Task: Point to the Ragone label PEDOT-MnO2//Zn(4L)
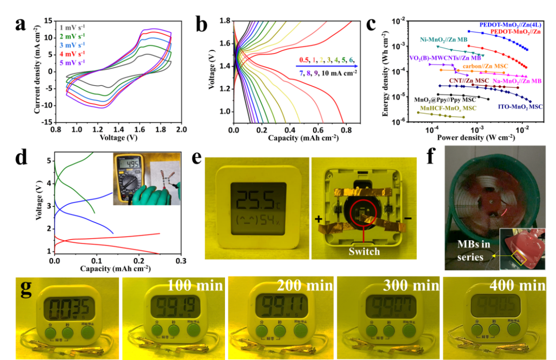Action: pos(510,24)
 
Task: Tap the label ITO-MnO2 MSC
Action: pos(520,107)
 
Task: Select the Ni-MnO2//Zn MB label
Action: pos(444,39)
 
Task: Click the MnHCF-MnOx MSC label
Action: pos(447,109)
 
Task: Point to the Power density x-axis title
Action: pos(468,138)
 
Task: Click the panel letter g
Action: pos(25,287)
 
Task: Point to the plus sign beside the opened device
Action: pos(319,219)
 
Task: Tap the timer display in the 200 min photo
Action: pos(278,307)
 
